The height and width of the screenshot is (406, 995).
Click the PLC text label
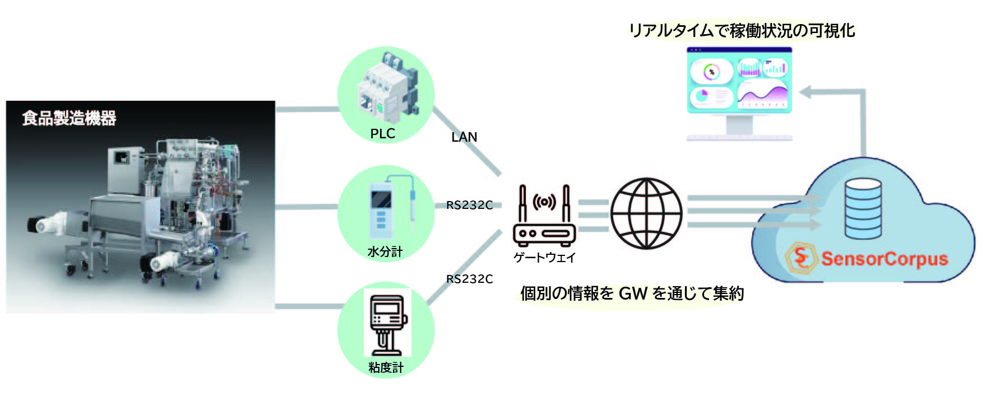tap(382, 134)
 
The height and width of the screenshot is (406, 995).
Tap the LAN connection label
tap(464, 137)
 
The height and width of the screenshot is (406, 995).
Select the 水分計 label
tap(385, 252)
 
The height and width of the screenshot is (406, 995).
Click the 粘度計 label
tap(386, 368)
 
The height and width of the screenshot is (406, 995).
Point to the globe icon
tap(646, 213)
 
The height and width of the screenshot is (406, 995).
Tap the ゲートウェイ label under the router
tap(544, 258)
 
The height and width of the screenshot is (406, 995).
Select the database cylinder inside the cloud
tap(863, 209)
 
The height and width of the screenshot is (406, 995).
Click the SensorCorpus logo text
tap(884, 259)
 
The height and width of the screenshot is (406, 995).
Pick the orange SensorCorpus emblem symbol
tap(800, 258)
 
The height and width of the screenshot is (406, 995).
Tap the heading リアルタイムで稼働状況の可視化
tap(742, 30)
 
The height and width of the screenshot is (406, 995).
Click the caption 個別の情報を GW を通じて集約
tap(632, 293)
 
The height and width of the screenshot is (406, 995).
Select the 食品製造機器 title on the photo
tap(69, 118)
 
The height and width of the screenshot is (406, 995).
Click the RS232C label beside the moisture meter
tap(469, 206)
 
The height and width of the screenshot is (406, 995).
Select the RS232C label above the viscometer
tap(469, 279)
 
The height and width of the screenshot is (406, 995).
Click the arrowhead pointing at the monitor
tap(806, 92)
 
